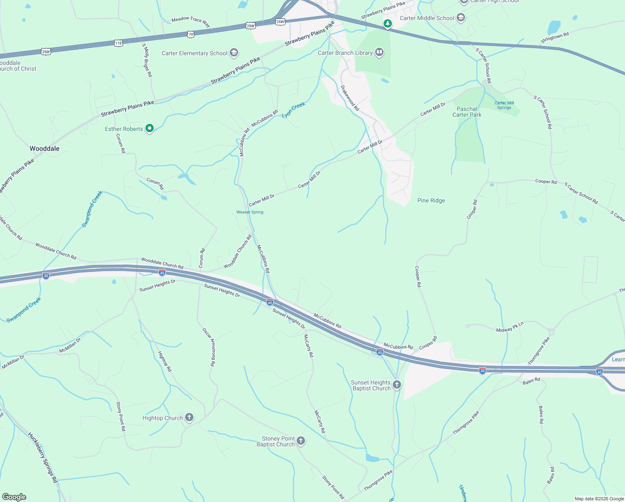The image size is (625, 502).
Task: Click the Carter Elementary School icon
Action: tap(234, 53)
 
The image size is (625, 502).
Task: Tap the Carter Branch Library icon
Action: tap(379, 52)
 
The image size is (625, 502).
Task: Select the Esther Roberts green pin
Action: tap(150, 128)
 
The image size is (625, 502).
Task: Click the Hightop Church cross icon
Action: tap(189, 417)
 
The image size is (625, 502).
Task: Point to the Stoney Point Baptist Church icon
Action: tap(300, 441)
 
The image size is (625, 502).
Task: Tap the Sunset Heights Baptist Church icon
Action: tap(396, 385)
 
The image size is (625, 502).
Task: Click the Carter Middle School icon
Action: tap(461, 18)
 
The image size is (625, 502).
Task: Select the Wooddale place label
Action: tap(44, 149)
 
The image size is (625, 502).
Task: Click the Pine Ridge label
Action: tap(431, 200)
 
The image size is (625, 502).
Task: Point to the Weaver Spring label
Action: tap(250, 212)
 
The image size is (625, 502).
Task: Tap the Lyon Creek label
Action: tap(294, 110)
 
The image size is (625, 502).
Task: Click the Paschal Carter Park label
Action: tap(467, 112)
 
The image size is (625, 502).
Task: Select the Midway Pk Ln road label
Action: tap(510, 327)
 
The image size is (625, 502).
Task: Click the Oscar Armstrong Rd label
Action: tap(209, 347)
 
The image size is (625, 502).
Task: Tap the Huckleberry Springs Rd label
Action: tap(42, 457)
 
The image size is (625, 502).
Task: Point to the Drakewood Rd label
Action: tap(350, 98)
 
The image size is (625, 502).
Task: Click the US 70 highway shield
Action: tap(191, 34)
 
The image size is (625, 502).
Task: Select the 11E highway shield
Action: tap(118, 43)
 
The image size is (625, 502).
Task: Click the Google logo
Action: tap(14, 497)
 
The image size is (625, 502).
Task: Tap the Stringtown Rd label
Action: tap(555, 38)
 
